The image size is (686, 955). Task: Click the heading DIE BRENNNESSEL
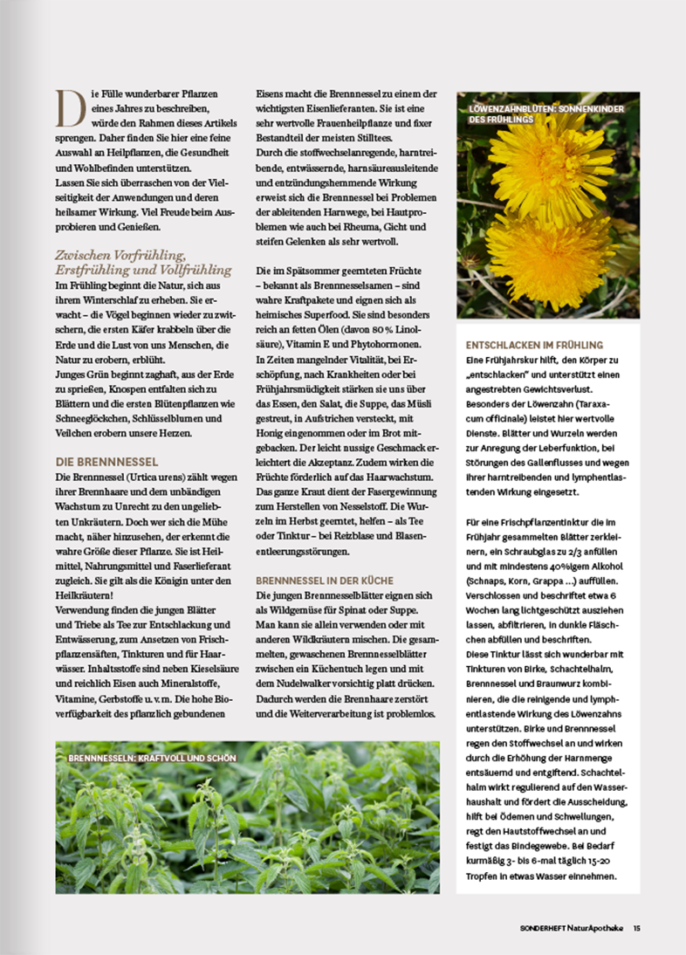click(106, 462)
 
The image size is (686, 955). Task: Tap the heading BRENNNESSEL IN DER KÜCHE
click(325, 580)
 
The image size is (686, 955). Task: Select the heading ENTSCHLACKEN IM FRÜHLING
click(546, 345)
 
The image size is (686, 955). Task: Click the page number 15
click(637, 928)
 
